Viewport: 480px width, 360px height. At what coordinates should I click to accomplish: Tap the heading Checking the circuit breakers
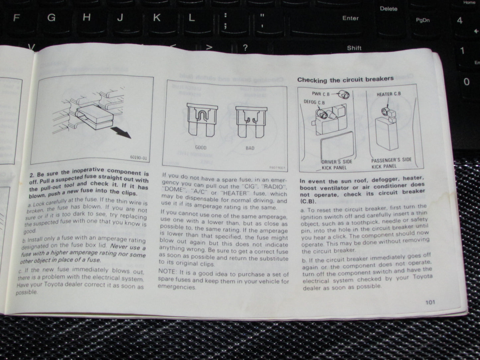345,79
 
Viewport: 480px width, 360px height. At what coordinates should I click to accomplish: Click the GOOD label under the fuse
201,147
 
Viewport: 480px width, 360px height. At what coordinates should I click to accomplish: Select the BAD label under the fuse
250,148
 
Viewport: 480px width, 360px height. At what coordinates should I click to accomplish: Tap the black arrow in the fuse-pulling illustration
122,133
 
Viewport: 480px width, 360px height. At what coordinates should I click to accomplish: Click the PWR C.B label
321,94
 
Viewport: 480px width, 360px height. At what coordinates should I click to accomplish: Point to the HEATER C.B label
388,94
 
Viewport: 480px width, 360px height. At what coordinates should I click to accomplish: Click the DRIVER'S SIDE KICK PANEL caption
336,165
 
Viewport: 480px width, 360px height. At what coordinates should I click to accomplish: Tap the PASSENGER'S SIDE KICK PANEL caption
391,163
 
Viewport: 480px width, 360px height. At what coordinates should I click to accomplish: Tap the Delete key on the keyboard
388,9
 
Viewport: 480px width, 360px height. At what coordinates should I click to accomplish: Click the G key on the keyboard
51,18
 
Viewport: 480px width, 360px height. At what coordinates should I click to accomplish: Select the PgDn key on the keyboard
423,20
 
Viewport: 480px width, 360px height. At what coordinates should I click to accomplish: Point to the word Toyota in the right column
422,277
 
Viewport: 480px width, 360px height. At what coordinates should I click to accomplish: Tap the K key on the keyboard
156,18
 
